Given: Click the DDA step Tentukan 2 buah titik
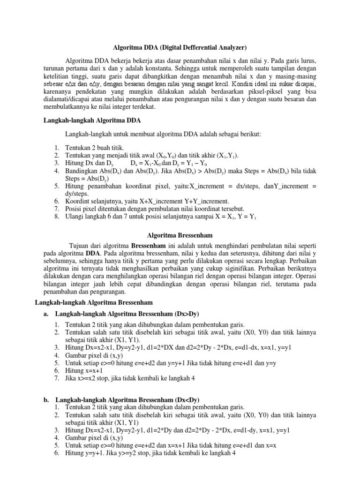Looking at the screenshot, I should tap(92, 147).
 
